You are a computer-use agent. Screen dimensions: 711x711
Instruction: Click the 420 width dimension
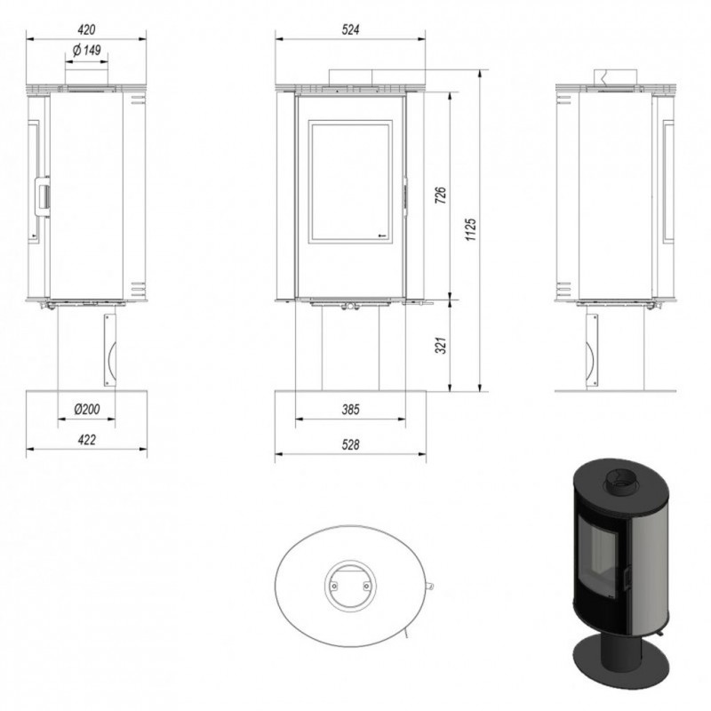tap(86, 30)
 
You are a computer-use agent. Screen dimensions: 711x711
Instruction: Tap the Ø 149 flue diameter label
tap(86, 50)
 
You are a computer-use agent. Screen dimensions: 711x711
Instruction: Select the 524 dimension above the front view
tap(350, 30)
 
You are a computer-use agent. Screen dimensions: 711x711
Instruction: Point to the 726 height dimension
tap(441, 195)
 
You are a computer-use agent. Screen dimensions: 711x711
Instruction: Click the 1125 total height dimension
tap(471, 229)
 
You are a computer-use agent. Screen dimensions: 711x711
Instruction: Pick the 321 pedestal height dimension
tap(441, 345)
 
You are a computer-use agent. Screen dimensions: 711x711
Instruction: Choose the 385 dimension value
tap(350, 410)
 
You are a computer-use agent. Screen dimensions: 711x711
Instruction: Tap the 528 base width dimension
tap(350, 445)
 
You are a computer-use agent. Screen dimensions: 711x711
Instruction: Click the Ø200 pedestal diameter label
tap(86, 409)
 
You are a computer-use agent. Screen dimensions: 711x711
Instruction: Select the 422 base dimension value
tap(86, 440)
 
